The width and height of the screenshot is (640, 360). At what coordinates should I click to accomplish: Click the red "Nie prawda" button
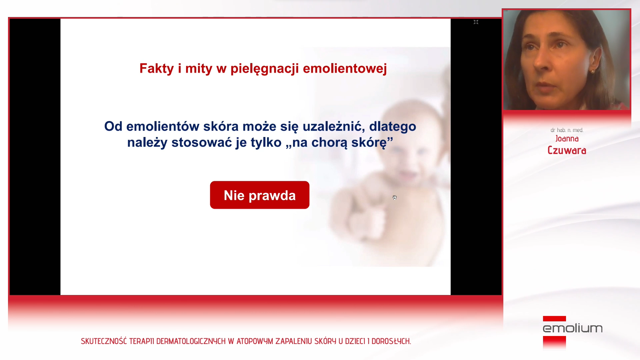click(x=260, y=195)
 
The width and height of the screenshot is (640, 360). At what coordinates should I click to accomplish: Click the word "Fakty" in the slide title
click(x=157, y=68)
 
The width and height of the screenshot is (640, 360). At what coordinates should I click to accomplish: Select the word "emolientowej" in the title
click(x=345, y=69)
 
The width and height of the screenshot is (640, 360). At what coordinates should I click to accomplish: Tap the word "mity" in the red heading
click(x=199, y=69)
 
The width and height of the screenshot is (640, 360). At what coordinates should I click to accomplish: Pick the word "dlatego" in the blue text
click(x=393, y=127)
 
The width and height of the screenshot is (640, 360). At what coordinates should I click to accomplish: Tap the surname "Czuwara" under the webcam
click(x=567, y=150)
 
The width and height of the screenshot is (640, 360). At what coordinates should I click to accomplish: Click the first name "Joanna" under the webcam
click(x=567, y=139)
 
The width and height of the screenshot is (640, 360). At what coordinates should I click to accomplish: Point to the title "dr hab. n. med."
click(x=567, y=130)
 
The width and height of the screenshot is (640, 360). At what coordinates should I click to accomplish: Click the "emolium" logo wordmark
click(x=573, y=328)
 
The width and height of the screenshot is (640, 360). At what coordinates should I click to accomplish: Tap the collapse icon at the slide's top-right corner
click(x=476, y=22)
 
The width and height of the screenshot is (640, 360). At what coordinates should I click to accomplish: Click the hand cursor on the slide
click(x=395, y=198)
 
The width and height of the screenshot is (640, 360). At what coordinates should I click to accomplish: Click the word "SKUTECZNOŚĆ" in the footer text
click(x=104, y=341)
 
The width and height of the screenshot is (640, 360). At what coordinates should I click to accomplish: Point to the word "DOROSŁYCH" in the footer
click(x=391, y=341)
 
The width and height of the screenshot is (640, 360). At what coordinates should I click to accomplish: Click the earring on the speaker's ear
click(x=593, y=71)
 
